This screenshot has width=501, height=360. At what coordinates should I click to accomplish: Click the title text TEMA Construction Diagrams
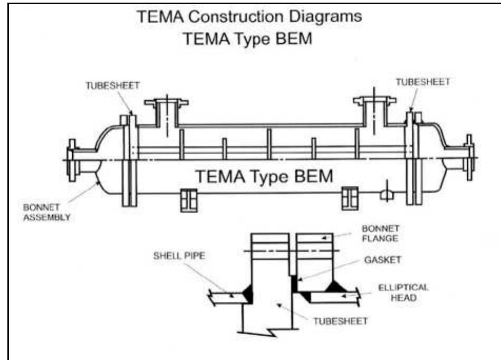click(249, 16)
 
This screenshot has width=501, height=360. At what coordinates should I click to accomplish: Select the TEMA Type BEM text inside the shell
click(264, 177)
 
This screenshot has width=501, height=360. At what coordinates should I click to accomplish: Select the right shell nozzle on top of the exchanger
click(374, 112)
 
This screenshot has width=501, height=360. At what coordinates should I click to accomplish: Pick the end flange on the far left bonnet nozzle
click(72, 159)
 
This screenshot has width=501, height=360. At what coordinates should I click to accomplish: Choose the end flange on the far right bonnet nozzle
click(469, 157)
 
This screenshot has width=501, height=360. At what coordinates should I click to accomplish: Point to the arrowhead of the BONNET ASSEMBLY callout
click(98, 183)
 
